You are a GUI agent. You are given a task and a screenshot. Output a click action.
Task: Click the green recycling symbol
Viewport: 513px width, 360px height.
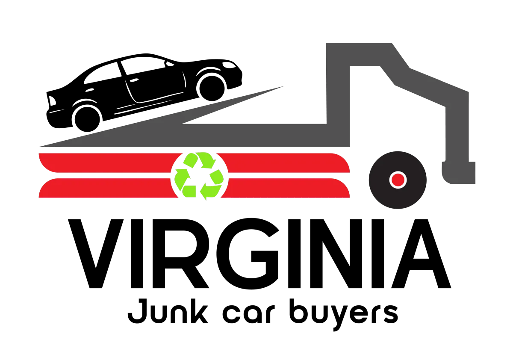[199, 176]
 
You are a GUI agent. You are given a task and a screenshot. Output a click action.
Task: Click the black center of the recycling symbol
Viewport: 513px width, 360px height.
[199, 176]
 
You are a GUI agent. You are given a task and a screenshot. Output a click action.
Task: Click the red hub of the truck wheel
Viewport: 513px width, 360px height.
[398, 180]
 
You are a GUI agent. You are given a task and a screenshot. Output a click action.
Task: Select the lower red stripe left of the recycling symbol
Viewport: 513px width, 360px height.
[107, 189]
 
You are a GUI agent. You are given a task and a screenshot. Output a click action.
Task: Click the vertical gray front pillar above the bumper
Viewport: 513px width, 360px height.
[458, 128]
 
